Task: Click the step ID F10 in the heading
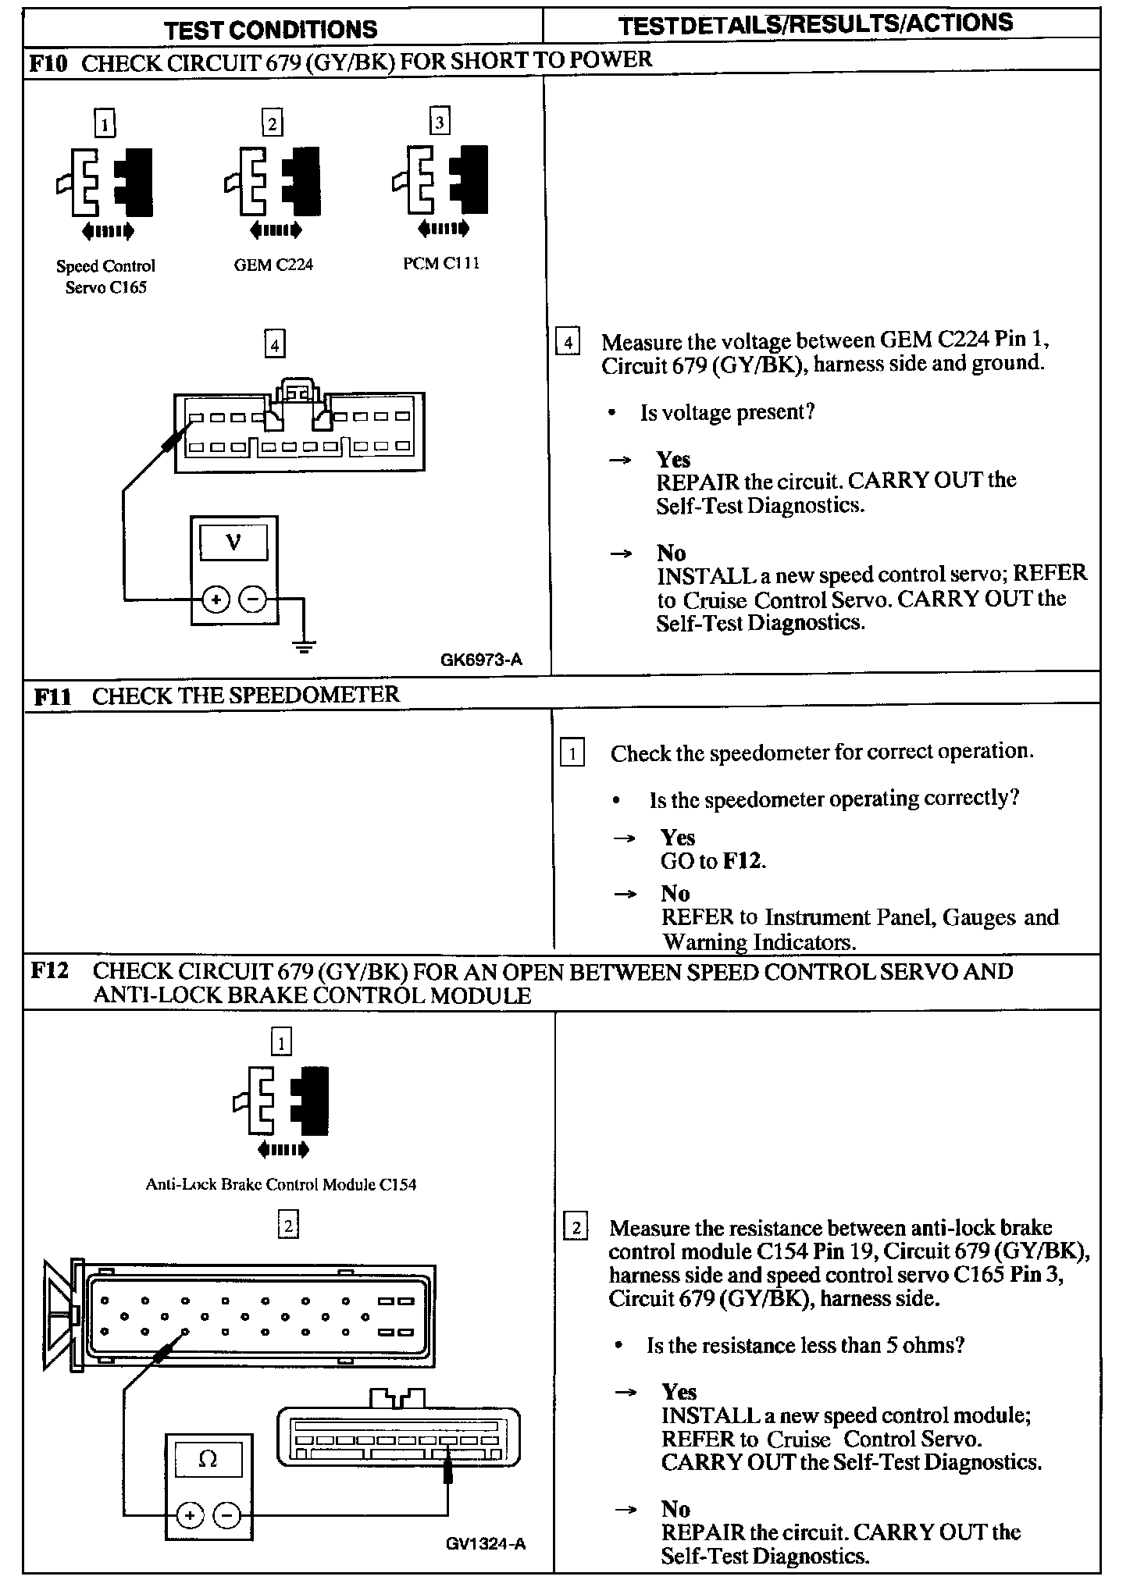pyautogui.click(x=50, y=62)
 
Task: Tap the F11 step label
pyautogui.click(x=52, y=696)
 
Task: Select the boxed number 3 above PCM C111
pyautogui.click(x=440, y=122)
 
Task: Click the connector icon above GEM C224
pyautogui.click(x=273, y=183)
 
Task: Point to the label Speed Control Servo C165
pyautogui.click(x=105, y=276)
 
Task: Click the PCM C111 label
pyautogui.click(x=440, y=264)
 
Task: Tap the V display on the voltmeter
pyautogui.click(x=233, y=542)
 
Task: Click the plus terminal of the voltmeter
pyautogui.click(x=215, y=600)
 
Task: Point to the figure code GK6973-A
pyautogui.click(x=481, y=660)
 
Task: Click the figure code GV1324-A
pyautogui.click(x=486, y=1543)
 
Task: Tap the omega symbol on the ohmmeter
pyautogui.click(x=208, y=1458)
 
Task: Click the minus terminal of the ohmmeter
pyautogui.click(x=227, y=1515)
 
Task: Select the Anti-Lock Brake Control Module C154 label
pyautogui.click(x=280, y=1184)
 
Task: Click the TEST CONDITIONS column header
pyautogui.click(x=271, y=30)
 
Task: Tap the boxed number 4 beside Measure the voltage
pyautogui.click(x=568, y=342)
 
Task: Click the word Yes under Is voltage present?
pyautogui.click(x=673, y=459)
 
